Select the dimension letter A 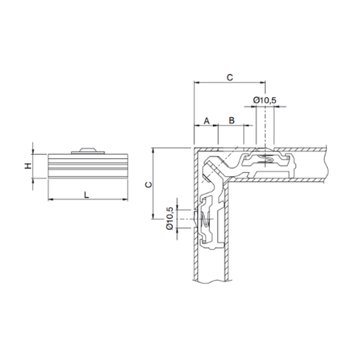tap(206, 120)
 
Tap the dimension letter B tap(232, 120)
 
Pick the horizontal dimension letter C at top tap(229, 77)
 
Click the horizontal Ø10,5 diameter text tap(265, 100)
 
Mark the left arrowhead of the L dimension tap(49, 199)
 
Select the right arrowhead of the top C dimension tap(263, 83)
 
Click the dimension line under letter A tap(206, 126)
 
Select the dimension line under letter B tap(232, 126)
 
